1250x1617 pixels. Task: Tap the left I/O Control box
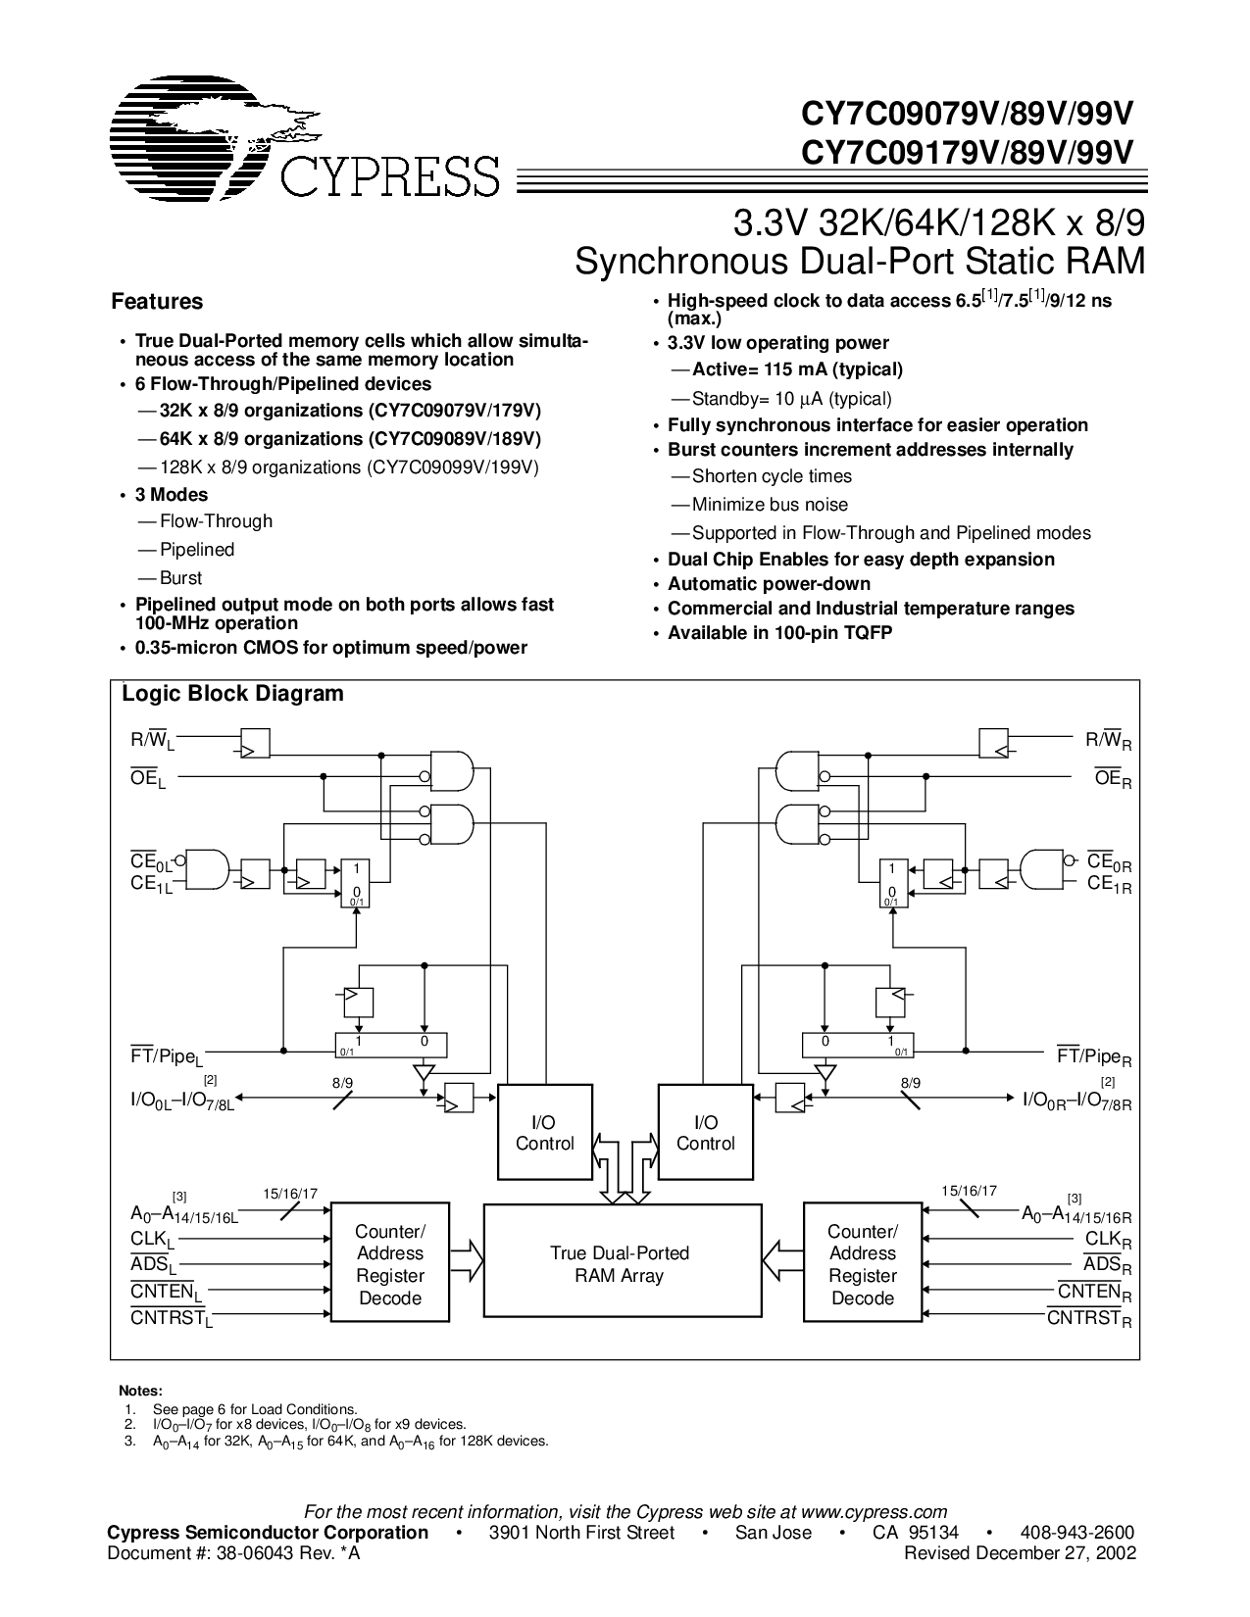coord(545,1132)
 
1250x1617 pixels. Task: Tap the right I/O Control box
coord(706,1132)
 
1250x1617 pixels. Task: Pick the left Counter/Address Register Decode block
coord(390,1265)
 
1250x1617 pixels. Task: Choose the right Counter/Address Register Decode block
coord(863,1265)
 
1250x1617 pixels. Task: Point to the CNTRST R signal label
coord(1089,1319)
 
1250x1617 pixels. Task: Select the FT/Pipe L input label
coord(167,1056)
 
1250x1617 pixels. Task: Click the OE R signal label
coord(1113,779)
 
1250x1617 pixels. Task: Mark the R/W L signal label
coord(153,741)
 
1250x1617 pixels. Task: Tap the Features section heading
coord(157,302)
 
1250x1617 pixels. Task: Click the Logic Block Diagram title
coord(232,694)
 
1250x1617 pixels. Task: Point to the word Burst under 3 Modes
coord(181,578)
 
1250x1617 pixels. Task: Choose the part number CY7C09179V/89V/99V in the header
coord(967,153)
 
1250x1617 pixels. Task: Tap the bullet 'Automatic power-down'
coord(769,584)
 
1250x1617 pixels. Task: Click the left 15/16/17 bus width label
coord(290,1195)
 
